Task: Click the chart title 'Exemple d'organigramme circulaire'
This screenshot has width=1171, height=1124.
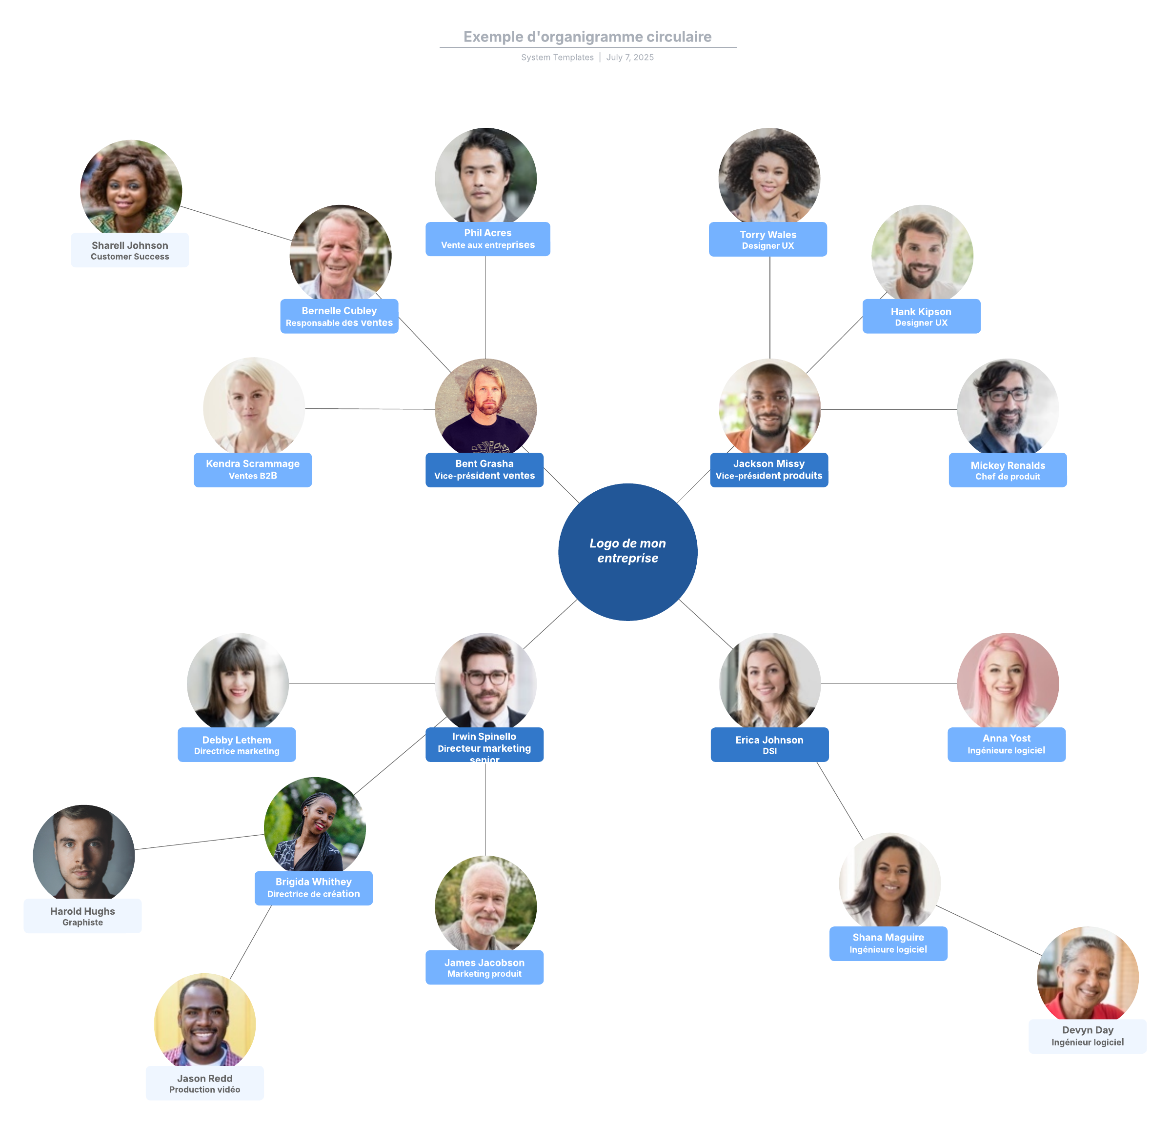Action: [x=587, y=37]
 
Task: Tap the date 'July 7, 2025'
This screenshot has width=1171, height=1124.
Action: [x=630, y=58]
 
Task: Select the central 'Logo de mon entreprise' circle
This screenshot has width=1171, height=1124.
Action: [x=627, y=551]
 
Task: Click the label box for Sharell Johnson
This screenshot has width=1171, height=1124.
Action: [x=130, y=250]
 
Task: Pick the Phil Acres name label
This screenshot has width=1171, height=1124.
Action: [x=487, y=239]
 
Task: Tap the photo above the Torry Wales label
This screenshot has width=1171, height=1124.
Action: [x=769, y=176]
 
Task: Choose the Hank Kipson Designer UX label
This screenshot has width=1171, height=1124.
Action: [x=921, y=317]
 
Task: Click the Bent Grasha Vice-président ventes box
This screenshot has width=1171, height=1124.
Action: [x=484, y=469]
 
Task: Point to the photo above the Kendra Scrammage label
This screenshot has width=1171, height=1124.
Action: [x=253, y=405]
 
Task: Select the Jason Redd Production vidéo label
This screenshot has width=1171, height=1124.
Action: [x=204, y=1083]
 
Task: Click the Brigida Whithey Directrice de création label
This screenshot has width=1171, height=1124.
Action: [x=313, y=887]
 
